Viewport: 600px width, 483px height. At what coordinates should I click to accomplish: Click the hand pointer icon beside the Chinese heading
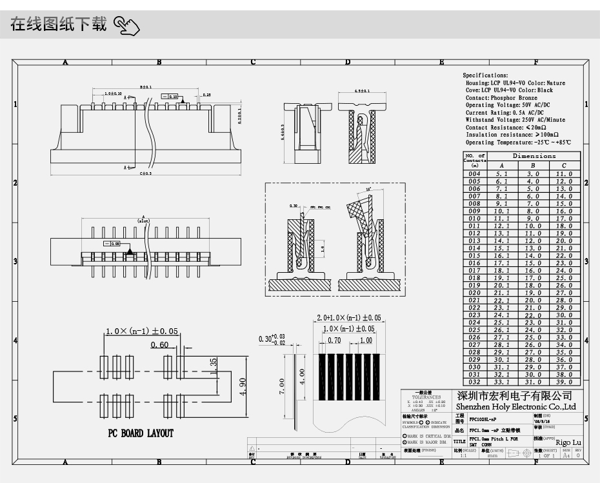pyautogui.click(x=126, y=26)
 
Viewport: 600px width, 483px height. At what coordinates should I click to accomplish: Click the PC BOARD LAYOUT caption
pyautogui.click(x=140, y=433)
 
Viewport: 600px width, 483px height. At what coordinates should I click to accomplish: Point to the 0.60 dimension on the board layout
pyautogui.click(x=159, y=345)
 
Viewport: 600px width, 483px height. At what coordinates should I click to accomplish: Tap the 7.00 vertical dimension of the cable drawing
pyautogui.click(x=281, y=386)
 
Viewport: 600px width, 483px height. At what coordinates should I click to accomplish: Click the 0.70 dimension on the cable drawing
pyautogui.click(x=334, y=340)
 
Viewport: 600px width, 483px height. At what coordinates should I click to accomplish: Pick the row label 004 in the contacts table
pyautogui.click(x=475, y=174)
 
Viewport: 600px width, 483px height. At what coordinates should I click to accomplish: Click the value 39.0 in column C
pyautogui.click(x=565, y=382)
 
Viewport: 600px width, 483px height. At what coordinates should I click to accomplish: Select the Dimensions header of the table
pyautogui.click(x=534, y=156)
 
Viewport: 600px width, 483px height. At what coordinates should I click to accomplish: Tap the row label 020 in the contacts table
pyautogui.click(x=475, y=293)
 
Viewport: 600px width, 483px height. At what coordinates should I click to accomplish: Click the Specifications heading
pyautogui.click(x=485, y=75)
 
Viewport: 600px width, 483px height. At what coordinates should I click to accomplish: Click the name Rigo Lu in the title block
pyautogui.click(x=567, y=442)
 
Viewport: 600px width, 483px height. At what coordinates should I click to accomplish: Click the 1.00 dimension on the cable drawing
pyautogui.click(x=366, y=340)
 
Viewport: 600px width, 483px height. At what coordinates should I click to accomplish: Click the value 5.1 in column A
pyautogui.click(x=502, y=174)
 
